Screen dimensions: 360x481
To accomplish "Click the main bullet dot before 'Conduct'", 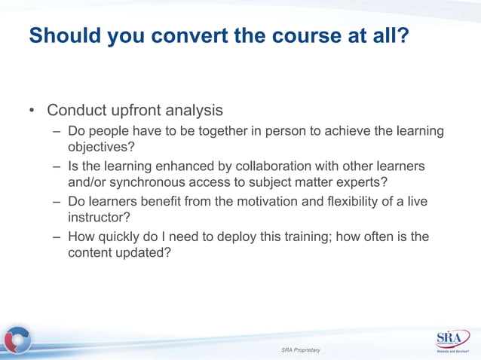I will click(x=32, y=111).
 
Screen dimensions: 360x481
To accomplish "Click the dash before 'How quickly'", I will click(x=57, y=236).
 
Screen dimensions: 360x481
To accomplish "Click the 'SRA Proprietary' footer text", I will click(x=300, y=350).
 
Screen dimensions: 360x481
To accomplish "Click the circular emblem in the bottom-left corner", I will click(x=16, y=340).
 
